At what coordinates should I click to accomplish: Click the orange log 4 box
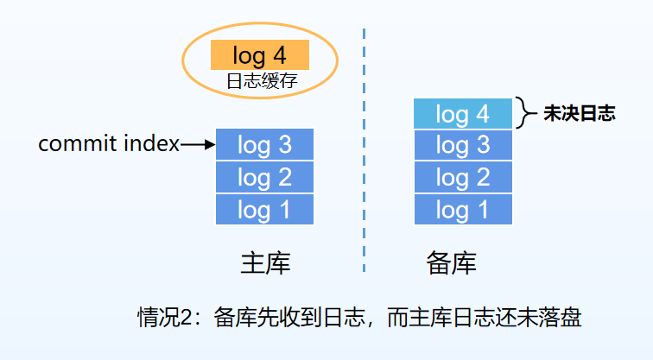[x=259, y=56]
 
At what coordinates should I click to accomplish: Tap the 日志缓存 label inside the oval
[x=260, y=81]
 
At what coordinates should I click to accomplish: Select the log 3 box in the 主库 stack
[x=264, y=145]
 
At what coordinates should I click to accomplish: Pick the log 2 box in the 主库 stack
[x=264, y=178]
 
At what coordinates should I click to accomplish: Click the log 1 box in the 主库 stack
[x=264, y=210]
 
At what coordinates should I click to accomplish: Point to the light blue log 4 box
[x=462, y=113]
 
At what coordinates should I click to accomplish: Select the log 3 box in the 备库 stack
[x=462, y=145]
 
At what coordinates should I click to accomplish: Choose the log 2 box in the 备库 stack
[x=462, y=178]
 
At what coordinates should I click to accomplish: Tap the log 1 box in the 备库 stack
[x=462, y=210]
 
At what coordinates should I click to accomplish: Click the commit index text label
[x=109, y=144]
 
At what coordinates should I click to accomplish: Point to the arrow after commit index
[x=198, y=145]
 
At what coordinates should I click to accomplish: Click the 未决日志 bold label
[x=579, y=113]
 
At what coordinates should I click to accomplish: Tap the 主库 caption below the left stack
[x=265, y=262]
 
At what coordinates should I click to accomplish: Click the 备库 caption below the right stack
[x=451, y=262]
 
